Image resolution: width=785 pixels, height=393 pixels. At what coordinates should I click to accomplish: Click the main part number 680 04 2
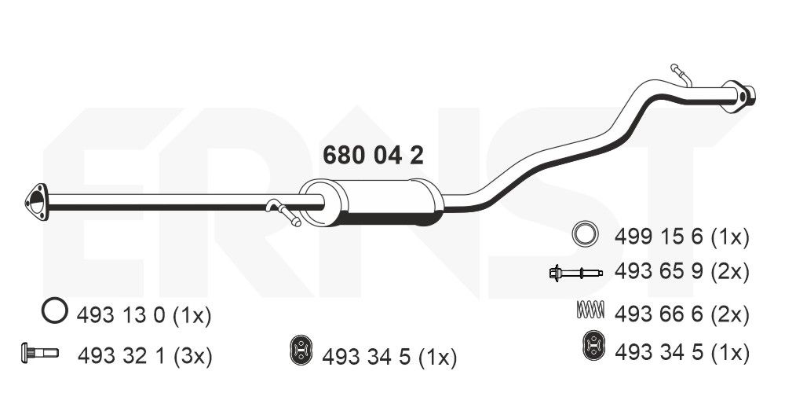(373, 155)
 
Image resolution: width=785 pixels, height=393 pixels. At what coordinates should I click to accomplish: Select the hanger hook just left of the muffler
(282, 211)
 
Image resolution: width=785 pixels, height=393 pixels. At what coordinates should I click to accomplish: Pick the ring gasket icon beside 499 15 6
(584, 234)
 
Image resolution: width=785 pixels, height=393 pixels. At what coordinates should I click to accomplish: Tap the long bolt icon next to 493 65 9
(575, 273)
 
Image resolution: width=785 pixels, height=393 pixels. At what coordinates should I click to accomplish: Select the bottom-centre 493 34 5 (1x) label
(389, 358)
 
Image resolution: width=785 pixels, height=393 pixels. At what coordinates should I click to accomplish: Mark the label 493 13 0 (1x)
(144, 316)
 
